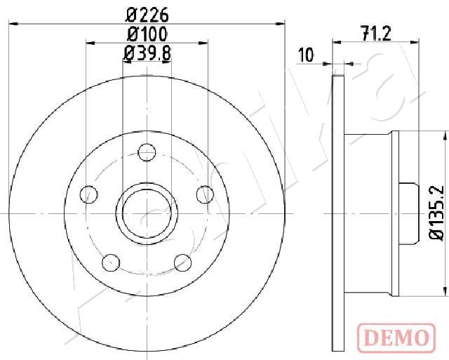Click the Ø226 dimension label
pos(147,15)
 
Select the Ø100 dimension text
pos(147,34)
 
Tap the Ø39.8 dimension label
pos(147,53)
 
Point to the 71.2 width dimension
pos(376,34)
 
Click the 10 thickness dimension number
pos(306,55)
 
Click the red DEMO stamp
pos(396,338)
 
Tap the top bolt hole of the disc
pos(147,152)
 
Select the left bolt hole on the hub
pos(89,194)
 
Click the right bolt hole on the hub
pos(205,194)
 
